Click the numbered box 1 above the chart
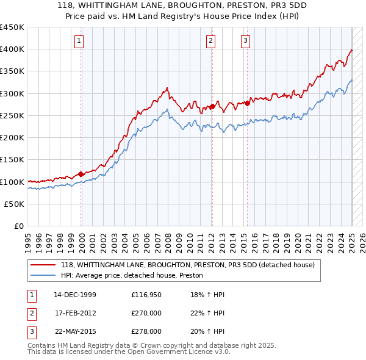[x=80, y=41]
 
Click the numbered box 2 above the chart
[x=210, y=41]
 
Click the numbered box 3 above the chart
[x=245, y=41]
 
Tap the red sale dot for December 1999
[x=81, y=174]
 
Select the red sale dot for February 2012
[x=212, y=106]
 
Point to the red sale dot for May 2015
[x=248, y=103]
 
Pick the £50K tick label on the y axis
[x=15, y=204]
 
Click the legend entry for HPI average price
[x=132, y=275]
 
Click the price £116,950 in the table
[x=146, y=295]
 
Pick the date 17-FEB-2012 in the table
[x=75, y=313]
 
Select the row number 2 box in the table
[x=30, y=313]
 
